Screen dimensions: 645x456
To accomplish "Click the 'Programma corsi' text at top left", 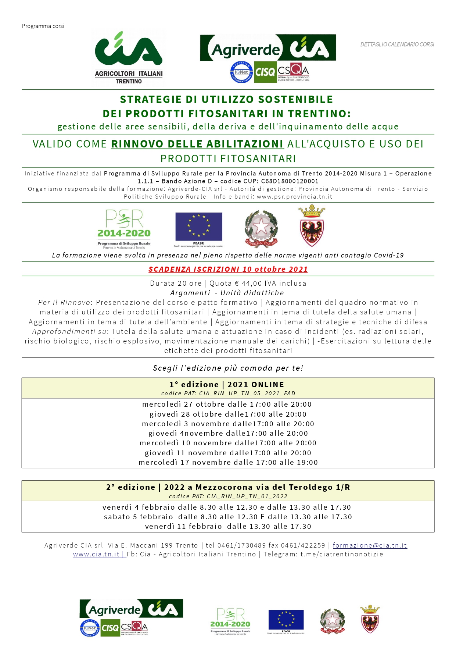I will pos(43,26).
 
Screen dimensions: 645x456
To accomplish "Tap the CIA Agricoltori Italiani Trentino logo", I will pos(129,58).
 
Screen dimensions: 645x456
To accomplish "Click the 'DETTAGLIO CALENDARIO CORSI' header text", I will pos(397,44).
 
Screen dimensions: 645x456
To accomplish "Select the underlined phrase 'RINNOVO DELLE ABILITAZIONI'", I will pos(197,144).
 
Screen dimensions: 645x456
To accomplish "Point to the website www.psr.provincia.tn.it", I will pos(294,196).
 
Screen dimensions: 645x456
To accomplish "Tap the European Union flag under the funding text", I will pos(198,227).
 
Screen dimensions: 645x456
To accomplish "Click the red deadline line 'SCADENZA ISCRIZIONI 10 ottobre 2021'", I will pos(228,269).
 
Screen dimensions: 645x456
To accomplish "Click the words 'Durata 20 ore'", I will pos(176,283).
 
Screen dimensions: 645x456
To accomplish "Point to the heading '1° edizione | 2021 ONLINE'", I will pos(227,384).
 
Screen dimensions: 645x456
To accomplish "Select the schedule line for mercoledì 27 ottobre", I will pos(227,404).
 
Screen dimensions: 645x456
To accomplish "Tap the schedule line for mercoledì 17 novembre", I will pos(228,462).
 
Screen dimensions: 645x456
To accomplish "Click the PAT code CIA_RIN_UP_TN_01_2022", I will pos(247,496).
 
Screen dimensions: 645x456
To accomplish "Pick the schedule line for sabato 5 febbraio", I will pos(228,517).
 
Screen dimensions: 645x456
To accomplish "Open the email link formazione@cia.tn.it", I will pos(370,545).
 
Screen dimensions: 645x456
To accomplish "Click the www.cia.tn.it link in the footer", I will pos(96,554).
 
